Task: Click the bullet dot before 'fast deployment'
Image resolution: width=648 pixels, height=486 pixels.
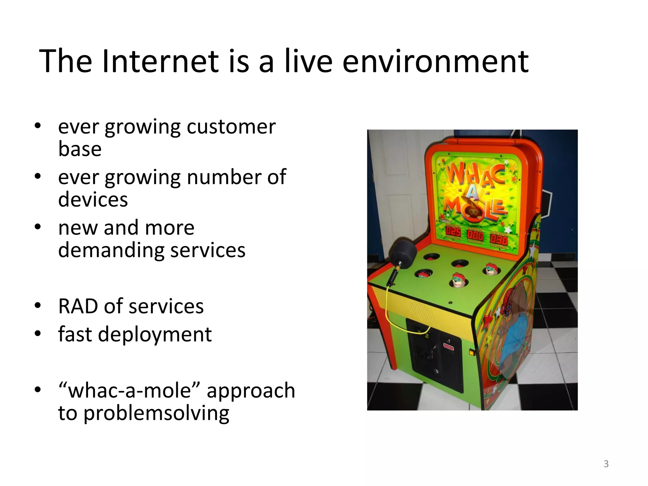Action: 38,333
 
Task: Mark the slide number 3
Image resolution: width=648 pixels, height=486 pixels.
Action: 606,464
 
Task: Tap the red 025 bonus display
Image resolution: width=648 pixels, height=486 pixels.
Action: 453,232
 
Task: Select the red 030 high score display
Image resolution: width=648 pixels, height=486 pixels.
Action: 499,239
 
